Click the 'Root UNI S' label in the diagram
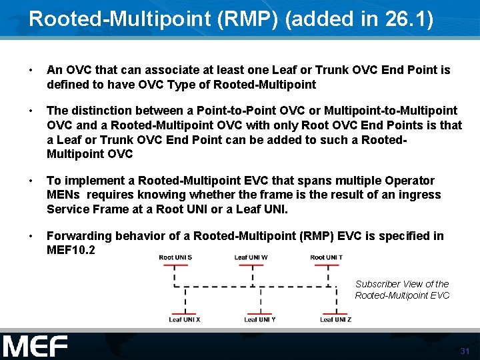click(175, 257)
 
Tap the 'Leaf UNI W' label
click(251, 257)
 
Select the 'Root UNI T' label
click(327, 257)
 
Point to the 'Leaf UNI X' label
click(185, 319)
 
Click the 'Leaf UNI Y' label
click(260, 319)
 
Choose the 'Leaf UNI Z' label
click(335, 319)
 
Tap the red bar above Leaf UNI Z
click(336, 313)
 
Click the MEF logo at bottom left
click(35, 347)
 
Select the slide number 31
click(465, 351)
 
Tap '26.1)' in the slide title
click(409, 19)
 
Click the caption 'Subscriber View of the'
click(402, 284)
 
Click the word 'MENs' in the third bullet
click(64, 195)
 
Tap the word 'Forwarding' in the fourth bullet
click(79, 236)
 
